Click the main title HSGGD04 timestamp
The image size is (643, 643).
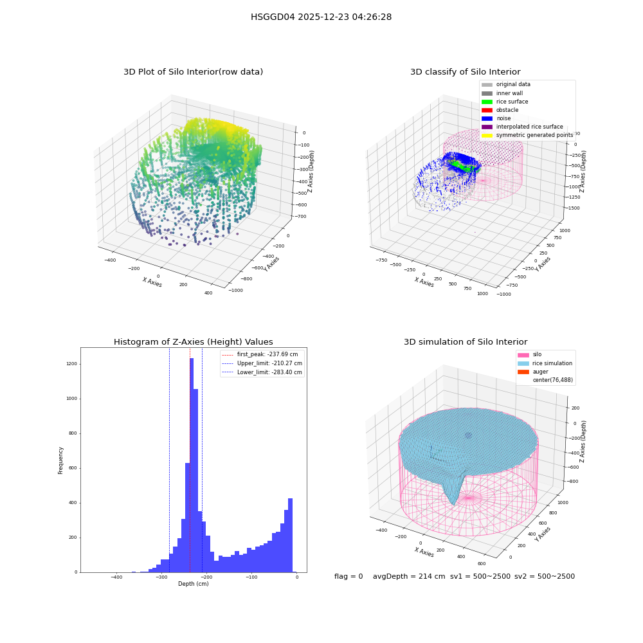321,17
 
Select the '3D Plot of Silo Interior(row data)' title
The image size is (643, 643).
193,72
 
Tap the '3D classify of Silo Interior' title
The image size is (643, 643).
466,72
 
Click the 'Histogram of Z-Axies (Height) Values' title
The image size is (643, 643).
193,342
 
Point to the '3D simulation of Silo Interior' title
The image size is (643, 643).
466,342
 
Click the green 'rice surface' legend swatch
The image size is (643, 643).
487,102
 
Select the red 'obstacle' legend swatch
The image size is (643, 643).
487,111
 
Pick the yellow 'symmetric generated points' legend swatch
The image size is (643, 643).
487,135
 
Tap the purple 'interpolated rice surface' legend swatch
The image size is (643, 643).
487,127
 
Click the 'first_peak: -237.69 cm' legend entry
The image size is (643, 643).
260,354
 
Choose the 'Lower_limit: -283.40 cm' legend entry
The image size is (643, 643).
262,372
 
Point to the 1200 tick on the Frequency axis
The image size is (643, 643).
72,364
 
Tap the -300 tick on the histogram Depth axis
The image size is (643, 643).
161,577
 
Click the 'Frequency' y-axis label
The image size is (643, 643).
60,460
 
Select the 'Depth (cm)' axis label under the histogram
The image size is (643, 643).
193,584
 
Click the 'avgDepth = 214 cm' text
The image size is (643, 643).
409,577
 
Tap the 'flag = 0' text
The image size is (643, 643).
349,577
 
